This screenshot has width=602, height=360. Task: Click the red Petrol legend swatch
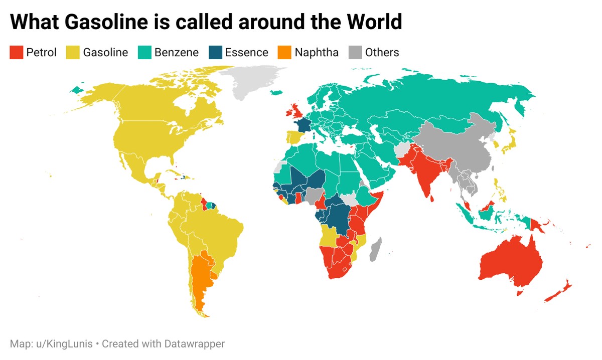(17, 53)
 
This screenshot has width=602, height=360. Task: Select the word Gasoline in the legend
(105, 53)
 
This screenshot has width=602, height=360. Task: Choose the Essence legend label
(246, 53)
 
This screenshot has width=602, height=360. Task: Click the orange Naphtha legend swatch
(284, 53)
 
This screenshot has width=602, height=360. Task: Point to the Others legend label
(382, 53)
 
